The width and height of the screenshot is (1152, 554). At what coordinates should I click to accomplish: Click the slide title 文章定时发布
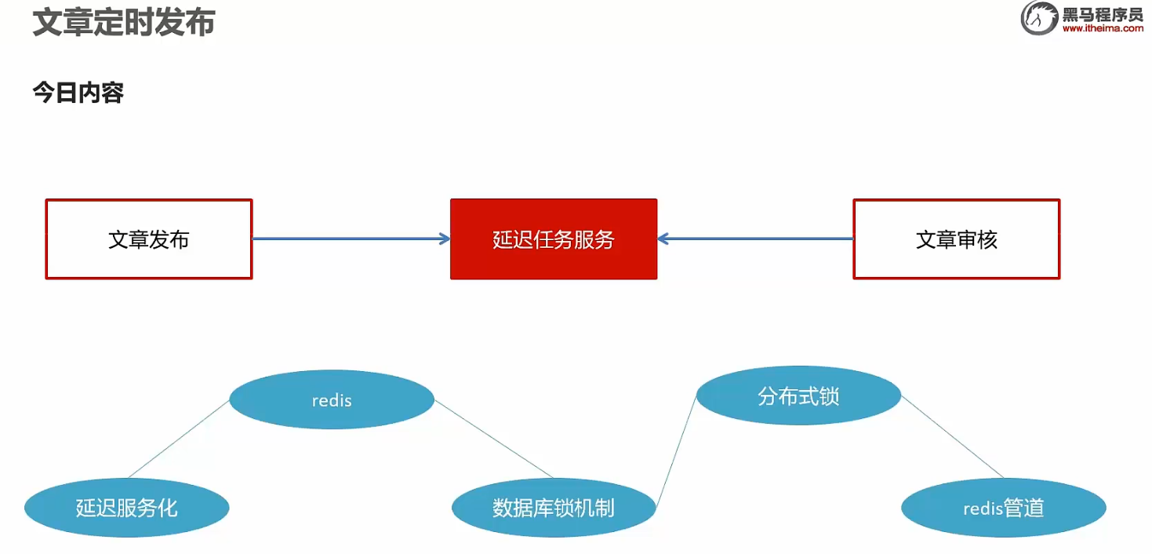[x=124, y=23]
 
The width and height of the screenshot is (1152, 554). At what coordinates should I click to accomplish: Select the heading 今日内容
[x=78, y=93]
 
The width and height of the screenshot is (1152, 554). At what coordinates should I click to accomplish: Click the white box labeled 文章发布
[x=149, y=239]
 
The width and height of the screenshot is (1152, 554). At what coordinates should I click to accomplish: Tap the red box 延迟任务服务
[x=553, y=239]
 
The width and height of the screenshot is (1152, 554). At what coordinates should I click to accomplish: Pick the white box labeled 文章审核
[x=956, y=239]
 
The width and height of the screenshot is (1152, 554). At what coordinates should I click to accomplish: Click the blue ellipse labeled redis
[x=332, y=400]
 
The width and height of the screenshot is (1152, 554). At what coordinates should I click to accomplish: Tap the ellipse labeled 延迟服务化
[x=126, y=508]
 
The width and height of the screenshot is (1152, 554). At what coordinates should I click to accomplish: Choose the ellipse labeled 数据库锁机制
[x=553, y=508]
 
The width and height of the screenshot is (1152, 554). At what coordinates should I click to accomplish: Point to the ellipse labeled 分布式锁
[x=798, y=396]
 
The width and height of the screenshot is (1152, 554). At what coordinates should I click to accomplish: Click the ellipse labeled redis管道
[x=1003, y=508]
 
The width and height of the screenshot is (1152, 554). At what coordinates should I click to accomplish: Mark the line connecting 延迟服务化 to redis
[x=179, y=439]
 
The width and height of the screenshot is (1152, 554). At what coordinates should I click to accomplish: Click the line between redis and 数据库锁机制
[x=494, y=439]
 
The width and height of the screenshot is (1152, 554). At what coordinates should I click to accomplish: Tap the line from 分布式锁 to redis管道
[x=952, y=436]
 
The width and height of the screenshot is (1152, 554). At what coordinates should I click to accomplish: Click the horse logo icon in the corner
[x=1039, y=18]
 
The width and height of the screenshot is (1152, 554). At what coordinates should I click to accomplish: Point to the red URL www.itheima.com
[x=1103, y=29]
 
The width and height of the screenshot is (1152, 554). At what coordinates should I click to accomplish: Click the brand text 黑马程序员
[x=1103, y=13]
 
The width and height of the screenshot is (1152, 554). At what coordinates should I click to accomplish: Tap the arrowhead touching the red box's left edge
[x=445, y=239]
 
